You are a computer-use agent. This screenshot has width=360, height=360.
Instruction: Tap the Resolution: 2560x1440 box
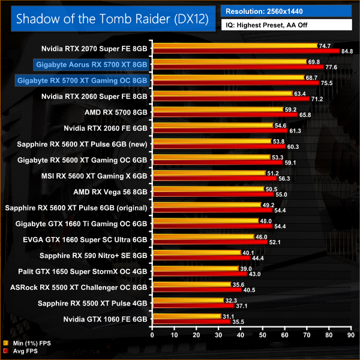(286, 11)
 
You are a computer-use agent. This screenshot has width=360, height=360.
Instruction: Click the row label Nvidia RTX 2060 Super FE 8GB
(94, 95)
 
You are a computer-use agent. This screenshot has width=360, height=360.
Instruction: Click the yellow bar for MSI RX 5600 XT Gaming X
(209, 172)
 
